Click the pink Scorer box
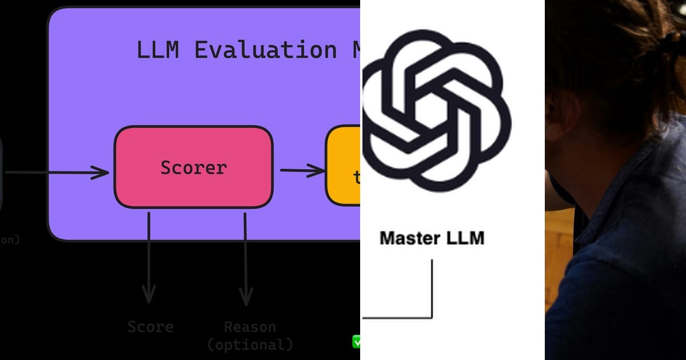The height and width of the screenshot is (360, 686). coord(193,167)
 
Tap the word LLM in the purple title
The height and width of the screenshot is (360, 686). coord(157,50)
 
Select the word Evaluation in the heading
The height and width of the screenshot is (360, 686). coord(265,50)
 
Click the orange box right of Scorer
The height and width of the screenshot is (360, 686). coord(343,166)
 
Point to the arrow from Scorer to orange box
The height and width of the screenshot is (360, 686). coord(301,170)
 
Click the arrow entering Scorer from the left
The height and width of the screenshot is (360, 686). coord(57,172)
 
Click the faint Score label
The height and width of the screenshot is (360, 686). coord(150,327)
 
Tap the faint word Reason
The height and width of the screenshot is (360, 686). coord(249,327)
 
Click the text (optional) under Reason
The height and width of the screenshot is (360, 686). coord(249,345)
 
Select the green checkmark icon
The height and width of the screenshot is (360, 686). coord(357,342)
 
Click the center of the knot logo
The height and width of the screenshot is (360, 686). coord(436,110)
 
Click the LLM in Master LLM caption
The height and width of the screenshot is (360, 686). coord(464,238)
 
